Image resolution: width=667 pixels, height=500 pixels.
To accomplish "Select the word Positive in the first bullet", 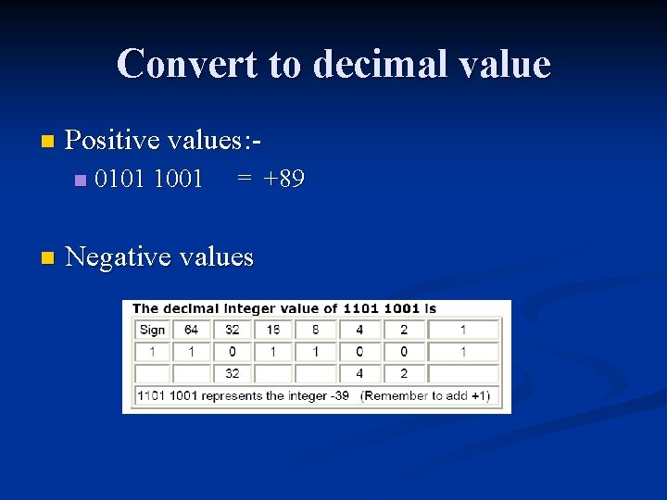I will pos(112,140).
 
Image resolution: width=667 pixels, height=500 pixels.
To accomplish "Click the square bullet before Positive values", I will pos(48,142).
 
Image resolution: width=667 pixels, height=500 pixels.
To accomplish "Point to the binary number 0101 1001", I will pos(148,179).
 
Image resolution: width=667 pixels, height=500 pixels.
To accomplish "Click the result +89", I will pos(283,179).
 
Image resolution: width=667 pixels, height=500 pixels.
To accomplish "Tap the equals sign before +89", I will pos(243,179).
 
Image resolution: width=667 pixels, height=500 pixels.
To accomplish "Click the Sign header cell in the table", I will pos(152,330).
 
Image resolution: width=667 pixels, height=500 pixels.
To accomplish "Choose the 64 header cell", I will pos(191,330).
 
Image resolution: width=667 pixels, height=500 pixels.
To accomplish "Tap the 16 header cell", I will pos(273,330).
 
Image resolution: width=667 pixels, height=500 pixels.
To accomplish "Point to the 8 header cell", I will pos(316,330).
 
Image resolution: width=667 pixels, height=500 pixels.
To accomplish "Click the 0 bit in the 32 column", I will pos(232,352).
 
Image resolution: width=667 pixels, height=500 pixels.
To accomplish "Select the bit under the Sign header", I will pos(152,352).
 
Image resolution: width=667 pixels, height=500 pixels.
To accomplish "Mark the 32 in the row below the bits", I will pos(232,374).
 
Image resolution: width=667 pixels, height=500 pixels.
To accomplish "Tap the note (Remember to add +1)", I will pos(425,395).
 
